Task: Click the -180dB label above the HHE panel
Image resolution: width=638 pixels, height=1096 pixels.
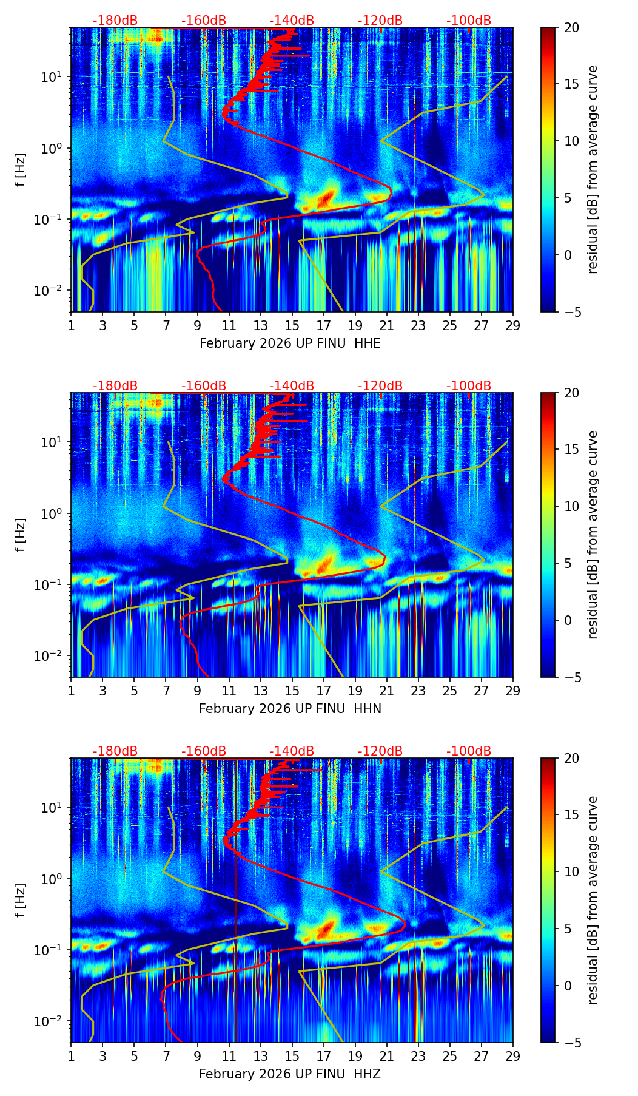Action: pos(115,21)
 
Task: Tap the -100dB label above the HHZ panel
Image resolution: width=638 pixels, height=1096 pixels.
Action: pos(469,751)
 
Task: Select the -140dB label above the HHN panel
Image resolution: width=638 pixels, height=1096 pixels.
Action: pos(292,386)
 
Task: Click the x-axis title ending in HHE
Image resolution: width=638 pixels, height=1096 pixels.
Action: pos(290,343)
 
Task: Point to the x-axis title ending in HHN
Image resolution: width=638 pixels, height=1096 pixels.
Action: pos(290,709)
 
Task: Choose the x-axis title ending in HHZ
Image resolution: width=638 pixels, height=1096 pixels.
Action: pos(290,1074)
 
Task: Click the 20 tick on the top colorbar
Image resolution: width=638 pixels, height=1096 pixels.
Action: pos(571,28)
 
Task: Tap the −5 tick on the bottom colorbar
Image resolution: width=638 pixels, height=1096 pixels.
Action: pos(571,1043)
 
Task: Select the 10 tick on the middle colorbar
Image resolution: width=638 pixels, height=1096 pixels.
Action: pos(571,506)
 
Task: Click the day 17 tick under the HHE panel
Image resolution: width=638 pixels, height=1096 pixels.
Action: pos(324,325)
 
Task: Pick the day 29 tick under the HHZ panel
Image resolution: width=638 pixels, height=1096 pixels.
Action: pos(513,1056)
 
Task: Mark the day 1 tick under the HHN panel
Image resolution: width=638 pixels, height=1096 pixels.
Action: pos(72,691)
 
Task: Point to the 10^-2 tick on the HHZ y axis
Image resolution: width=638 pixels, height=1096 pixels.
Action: pos(53,1021)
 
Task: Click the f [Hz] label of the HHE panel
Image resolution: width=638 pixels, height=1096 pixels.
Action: pos(21,170)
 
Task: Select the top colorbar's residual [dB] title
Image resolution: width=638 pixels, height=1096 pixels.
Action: pos(593,170)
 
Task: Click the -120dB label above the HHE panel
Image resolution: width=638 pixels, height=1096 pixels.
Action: pos(380,21)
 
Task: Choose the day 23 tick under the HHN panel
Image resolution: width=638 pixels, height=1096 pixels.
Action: pos(418,691)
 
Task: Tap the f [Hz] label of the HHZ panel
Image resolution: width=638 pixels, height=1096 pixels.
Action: pos(21,901)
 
